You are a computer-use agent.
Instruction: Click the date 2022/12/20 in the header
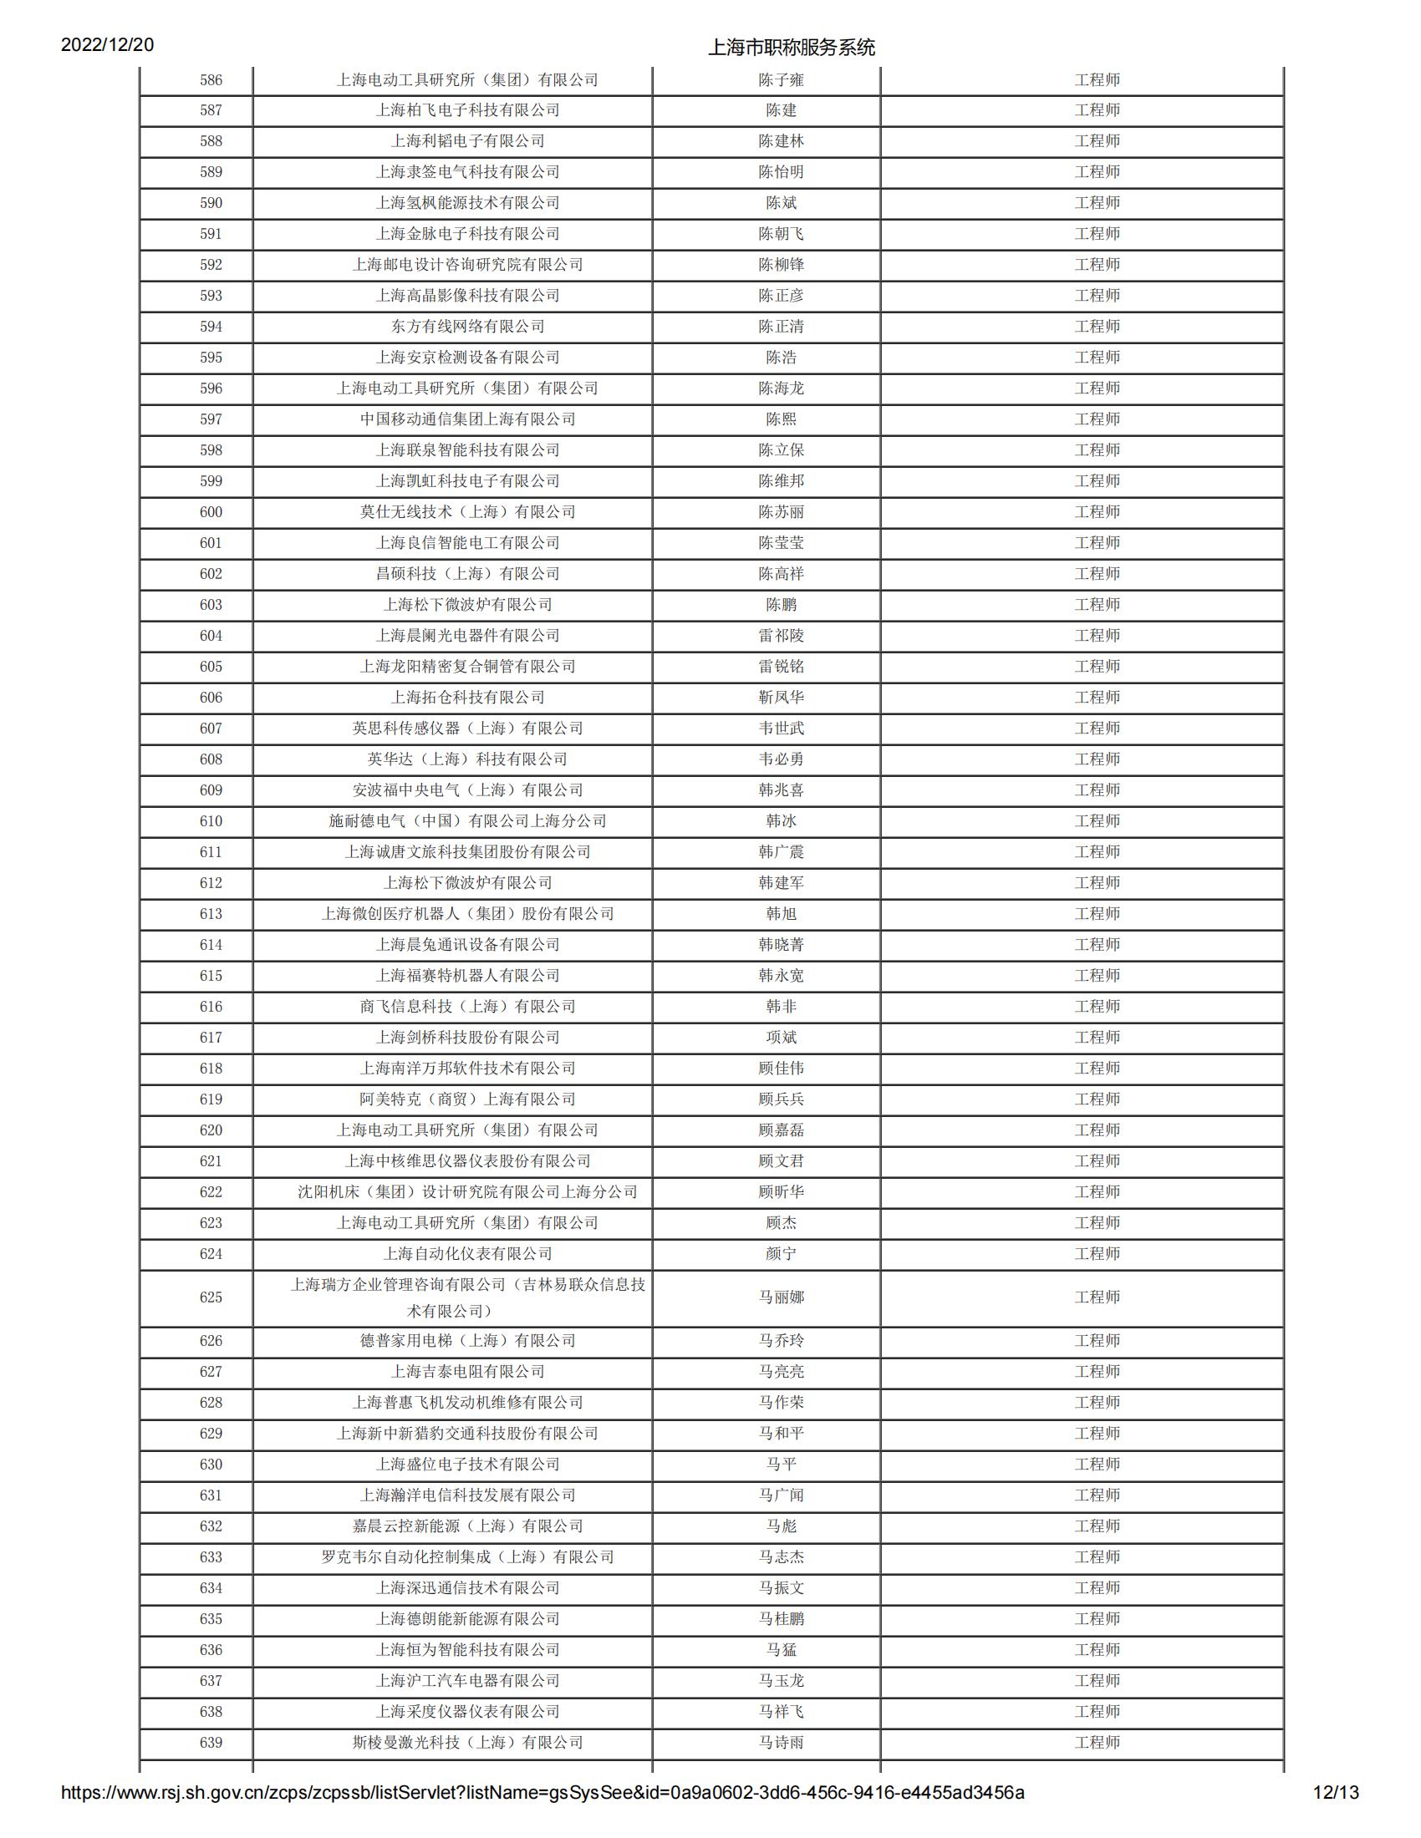(107, 44)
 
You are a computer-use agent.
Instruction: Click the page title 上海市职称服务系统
(792, 48)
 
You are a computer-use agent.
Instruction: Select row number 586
(211, 80)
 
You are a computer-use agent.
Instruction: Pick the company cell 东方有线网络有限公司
(467, 327)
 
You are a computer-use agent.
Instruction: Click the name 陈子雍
(781, 80)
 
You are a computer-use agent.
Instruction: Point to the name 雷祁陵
(781, 636)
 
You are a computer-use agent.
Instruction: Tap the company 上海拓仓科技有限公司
(467, 698)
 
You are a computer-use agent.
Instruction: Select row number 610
(211, 821)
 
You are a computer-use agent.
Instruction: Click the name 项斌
(781, 1038)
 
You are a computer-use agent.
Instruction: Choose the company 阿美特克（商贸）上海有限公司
(467, 1099)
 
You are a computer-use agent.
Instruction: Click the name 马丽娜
(781, 1297)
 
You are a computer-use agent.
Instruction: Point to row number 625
(211, 1297)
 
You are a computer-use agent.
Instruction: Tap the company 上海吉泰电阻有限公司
(467, 1372)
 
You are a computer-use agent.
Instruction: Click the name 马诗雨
(781, 1743)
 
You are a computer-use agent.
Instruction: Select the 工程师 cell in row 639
(1097, 1743)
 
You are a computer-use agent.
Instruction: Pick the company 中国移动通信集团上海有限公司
(467, 419)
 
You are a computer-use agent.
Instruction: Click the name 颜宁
(781, 1254)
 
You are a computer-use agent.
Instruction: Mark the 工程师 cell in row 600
(1097, 511)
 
